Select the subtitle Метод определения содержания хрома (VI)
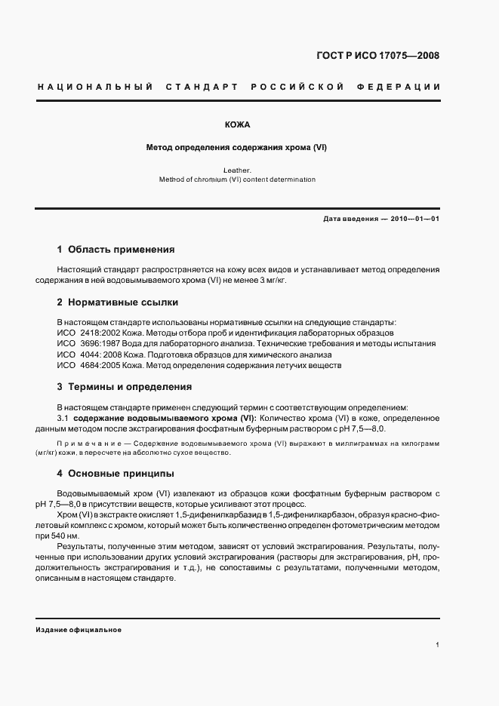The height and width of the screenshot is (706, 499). (236, 148)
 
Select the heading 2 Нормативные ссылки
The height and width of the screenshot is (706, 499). (117, 302)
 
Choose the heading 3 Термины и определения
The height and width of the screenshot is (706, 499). (124, 387)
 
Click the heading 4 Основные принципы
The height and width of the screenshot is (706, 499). (116, 474)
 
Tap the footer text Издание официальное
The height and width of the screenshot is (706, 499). (78, 629)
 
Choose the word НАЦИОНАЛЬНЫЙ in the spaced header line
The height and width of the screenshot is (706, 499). (95, 87)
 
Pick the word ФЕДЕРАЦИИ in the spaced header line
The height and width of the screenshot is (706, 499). (406, 87)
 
